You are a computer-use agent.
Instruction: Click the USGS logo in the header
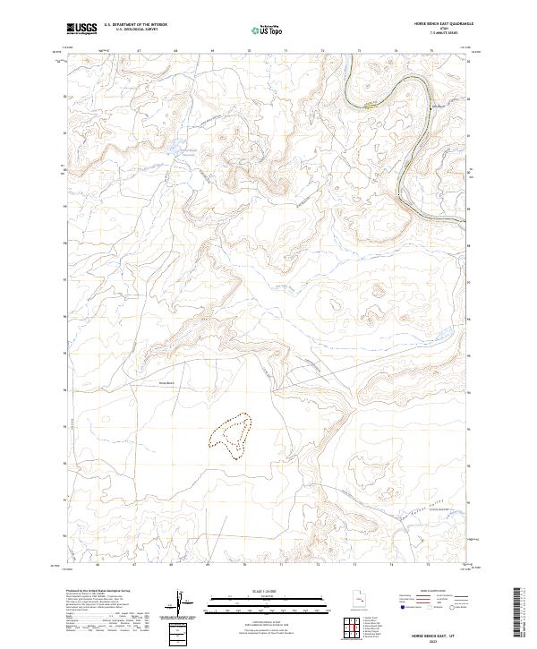pos(82,29)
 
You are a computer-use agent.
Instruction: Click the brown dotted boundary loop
pos(232,436)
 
